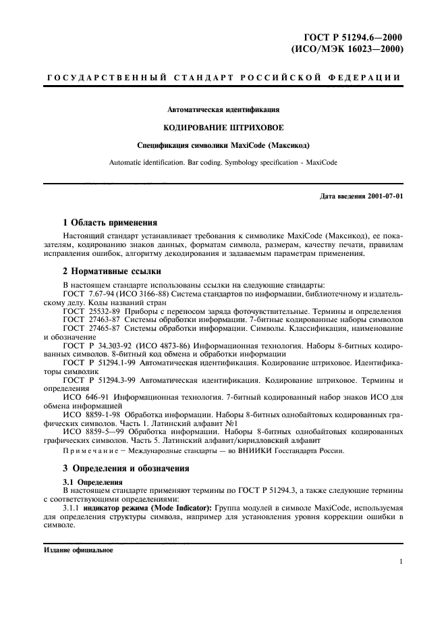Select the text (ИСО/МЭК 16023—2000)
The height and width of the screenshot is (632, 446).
pyautogui.click(x=347, y=49)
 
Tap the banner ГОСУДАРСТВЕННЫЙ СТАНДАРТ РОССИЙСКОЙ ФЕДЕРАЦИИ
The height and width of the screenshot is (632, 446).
pyautogui.click(x=223, y=78)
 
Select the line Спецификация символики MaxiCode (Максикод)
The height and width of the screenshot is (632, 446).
pyautogui.click(x=223, y=144)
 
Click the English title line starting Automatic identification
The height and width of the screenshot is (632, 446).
pyautogui.click(x=223, y=162)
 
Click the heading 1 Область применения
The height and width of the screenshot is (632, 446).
pyautogui.click(x=110, y=221)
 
